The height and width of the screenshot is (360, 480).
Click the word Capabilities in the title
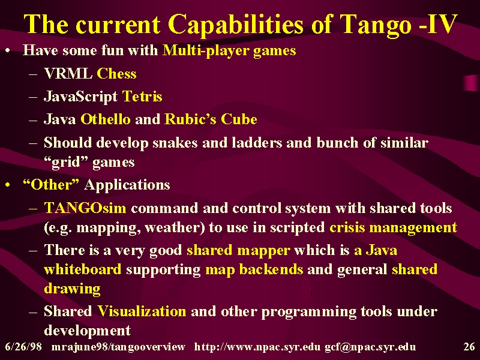pos(236,25)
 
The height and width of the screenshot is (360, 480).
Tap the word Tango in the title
pos(376,25)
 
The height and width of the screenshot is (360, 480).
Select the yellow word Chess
pos(116,73)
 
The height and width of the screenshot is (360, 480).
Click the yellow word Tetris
pos(142,97)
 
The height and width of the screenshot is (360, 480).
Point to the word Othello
pos(106,119)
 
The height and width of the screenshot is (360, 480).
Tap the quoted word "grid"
pos(66,162)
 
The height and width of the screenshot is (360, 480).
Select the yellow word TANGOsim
pos(85,208)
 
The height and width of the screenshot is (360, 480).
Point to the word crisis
pos(347,227)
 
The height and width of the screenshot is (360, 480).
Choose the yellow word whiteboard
pos(83,269)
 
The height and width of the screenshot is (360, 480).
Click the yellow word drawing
pos(72,289)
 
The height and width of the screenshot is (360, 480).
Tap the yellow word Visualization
pos(142,311)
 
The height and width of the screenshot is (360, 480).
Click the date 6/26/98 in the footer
pos(23,347)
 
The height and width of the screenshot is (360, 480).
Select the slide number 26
pos(469,347)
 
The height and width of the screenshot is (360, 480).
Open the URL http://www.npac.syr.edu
pos(257,347)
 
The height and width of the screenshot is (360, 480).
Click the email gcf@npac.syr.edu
pos(370,347)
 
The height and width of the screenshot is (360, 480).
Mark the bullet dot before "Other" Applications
pos(8,185)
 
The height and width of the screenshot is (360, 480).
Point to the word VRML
pos(68,73)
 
